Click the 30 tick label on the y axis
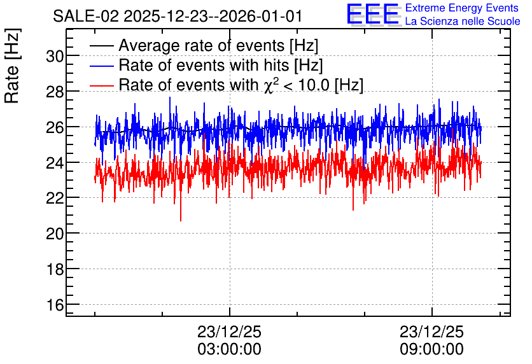tap(55, 56)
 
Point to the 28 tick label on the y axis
tap(55, 92)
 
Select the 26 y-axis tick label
tap(55, 127)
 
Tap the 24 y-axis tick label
tap(55, 162)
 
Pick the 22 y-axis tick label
tap(55, 198)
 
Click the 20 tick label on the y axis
tap(55, 234)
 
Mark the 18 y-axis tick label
tap(55, 269)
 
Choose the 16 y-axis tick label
tap(55, 305)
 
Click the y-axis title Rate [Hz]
tap(12, 66)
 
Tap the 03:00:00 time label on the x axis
tap(229, 349)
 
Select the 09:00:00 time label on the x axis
tap(431, 349)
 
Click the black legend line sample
tap(101, 46)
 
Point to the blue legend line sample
tap(101, 66)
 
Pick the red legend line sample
tap(101, 85)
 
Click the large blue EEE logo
tap(373, 15)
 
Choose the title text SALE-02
tap(86, 17)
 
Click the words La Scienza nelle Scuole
tap(463, 22)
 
